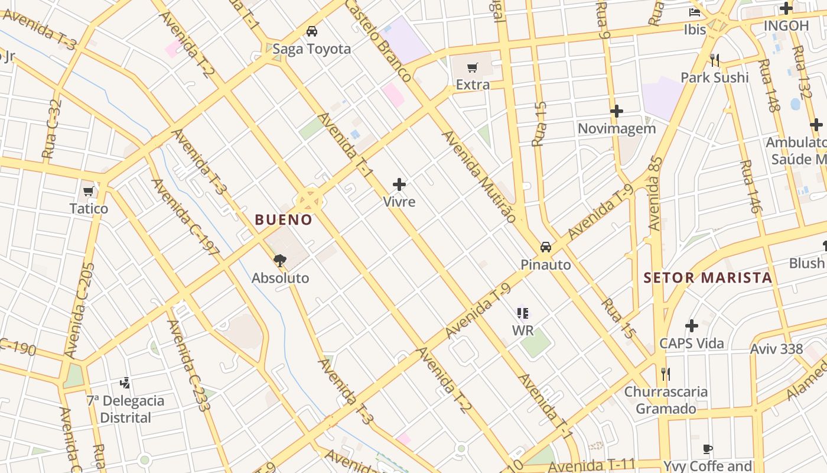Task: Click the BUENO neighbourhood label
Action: coord(284,220)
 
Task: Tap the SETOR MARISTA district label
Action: coord(708,278)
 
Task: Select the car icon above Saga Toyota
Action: coord(312,31)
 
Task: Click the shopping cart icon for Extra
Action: coord(472,68)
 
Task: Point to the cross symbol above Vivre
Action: coord(399,184)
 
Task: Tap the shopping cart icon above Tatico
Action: coord(89,191)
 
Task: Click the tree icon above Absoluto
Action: coord(280,260)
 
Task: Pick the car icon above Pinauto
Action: coord(546,247)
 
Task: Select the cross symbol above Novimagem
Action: coord(617,111)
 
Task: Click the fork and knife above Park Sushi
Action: coord(715,60)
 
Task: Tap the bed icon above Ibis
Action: coord(695,12)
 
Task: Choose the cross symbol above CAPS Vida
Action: coord(691,326)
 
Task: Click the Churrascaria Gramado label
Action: coord(666,400)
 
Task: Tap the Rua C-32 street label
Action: coord(52,129)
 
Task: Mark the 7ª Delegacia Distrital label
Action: coord(125,409)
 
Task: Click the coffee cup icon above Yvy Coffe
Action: coord(708,449)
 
